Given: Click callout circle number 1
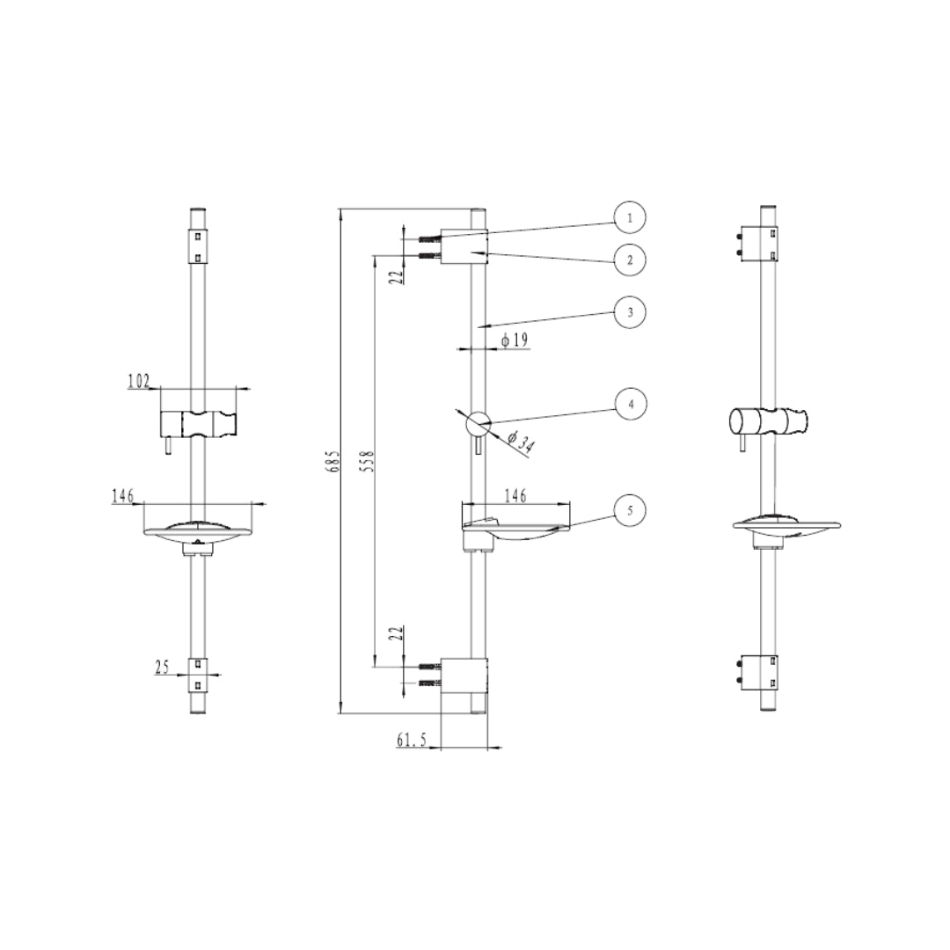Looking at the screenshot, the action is [630, 217].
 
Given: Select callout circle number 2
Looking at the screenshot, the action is [630, 260].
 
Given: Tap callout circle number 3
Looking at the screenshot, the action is [630, 312].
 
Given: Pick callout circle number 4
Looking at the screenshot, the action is [631, 404].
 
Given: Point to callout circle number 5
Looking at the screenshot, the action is [630, 511].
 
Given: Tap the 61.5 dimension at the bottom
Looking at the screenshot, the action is [412, 739].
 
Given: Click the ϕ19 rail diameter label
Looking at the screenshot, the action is [515, 340].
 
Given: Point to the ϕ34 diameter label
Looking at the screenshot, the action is [520, 442].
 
